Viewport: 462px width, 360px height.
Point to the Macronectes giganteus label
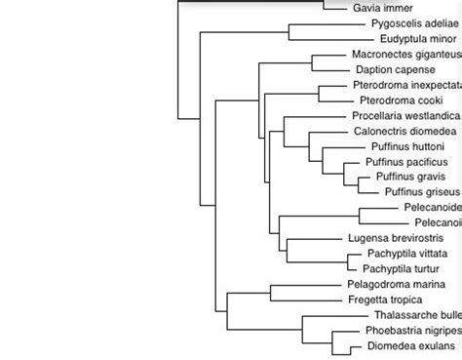pyautogui.click(x=405, y=56)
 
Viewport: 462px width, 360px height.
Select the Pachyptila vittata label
pyautogui.click(x=394, y=253)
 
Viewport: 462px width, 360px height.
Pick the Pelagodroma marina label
pyautogui.click(x=390, y=283)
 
